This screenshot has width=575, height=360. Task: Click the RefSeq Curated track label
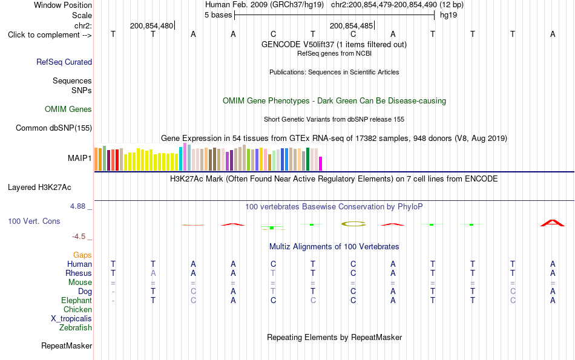tap(64, 62)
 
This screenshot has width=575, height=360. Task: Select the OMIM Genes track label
tap(68, 110)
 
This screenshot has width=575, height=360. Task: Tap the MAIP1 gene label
tap(79, 158)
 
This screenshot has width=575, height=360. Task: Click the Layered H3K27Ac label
tap(39, 188)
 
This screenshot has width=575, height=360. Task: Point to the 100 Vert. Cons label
tap(34, 221)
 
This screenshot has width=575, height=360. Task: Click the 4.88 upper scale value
tap(77, 206)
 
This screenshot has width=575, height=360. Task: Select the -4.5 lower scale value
tap(79, 237)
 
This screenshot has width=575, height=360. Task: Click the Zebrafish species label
tap(76, 328)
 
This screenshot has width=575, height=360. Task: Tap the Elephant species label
tap(76, 301)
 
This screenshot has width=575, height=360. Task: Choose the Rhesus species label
tap(79, 273)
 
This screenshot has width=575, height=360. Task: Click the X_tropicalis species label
tap(71, 319)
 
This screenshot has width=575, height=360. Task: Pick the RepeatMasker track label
tap(67, 345)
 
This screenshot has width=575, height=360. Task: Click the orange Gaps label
tap(82, 255)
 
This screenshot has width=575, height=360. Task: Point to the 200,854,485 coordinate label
tap(351, 26)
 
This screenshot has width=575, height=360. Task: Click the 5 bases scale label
tap(218, 15)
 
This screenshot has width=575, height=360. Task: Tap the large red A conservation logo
tap(553, 223)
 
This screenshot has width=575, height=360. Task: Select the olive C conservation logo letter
tap(353, 224)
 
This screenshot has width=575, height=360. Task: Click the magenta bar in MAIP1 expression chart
tap(321, 163)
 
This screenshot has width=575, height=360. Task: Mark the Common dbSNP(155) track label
tap(54, 128)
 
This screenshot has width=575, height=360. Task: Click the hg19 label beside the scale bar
tap(448, 15)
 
